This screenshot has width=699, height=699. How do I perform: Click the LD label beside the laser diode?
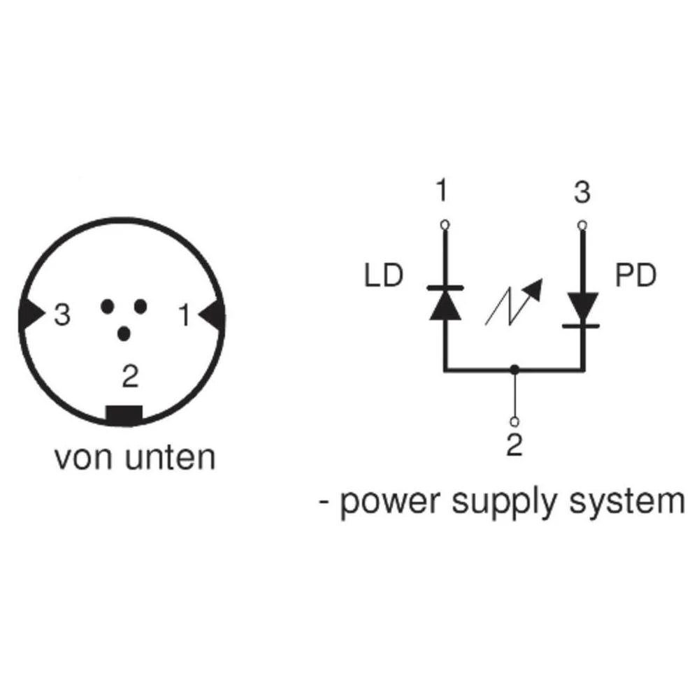click(384, 276)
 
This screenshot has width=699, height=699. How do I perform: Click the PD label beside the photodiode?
click(636, 276)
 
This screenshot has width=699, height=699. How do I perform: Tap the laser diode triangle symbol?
click(445, 304)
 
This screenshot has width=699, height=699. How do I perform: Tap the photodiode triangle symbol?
click(582, 305)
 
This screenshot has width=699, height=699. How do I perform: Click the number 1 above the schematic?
click(441, 192)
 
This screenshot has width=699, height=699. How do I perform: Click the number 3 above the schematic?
click(582, 192)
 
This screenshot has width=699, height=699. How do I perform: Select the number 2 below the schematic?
click(514, 445)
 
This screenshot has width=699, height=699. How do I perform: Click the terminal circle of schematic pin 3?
click(582, 224)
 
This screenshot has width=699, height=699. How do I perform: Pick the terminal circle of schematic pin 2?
click(514, 421)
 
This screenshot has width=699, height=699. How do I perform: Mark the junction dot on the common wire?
click(514, 368)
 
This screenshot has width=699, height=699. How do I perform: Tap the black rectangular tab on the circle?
click(124, 414)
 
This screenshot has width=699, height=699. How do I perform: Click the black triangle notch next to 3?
click(31, 316)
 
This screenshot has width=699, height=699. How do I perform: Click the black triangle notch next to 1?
click(215, 316)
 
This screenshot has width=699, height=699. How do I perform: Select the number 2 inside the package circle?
click(129, 377)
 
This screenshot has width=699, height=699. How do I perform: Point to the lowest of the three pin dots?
click(124, 335)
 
